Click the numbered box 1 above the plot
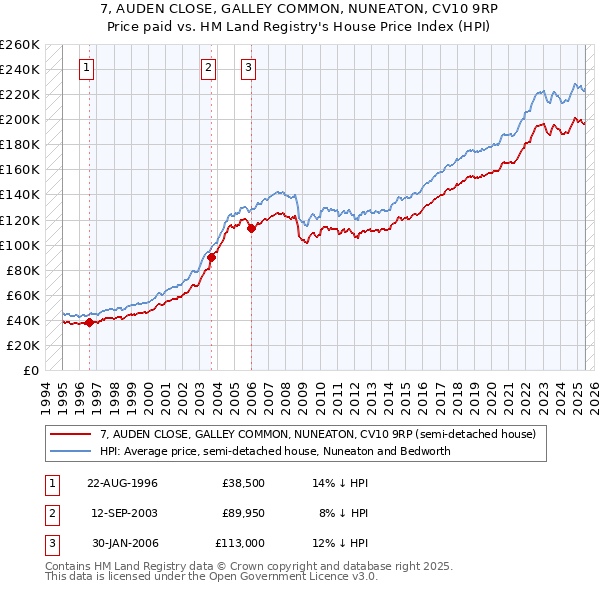pyautogui.click(x=88, y=68)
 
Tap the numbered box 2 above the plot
pyautogui.click(x=208, y=68)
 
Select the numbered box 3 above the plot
pyautogui.click(x=248, y=68)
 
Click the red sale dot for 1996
pyautogui.click(x=89, y=322)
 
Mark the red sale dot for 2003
pyautogui.click(x=212, y=257)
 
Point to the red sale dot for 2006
pyautogui.click(x=251, y=228)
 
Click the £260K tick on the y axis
pyautogui.click(x=19, y=45)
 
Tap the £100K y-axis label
pyautogui.click(x=19, y=245)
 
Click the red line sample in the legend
pyautogui.click(x=71, y=434)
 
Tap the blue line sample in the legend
pyautogui.click(x=71, y=451)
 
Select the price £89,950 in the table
pyautogui.click(x=243, y=513)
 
